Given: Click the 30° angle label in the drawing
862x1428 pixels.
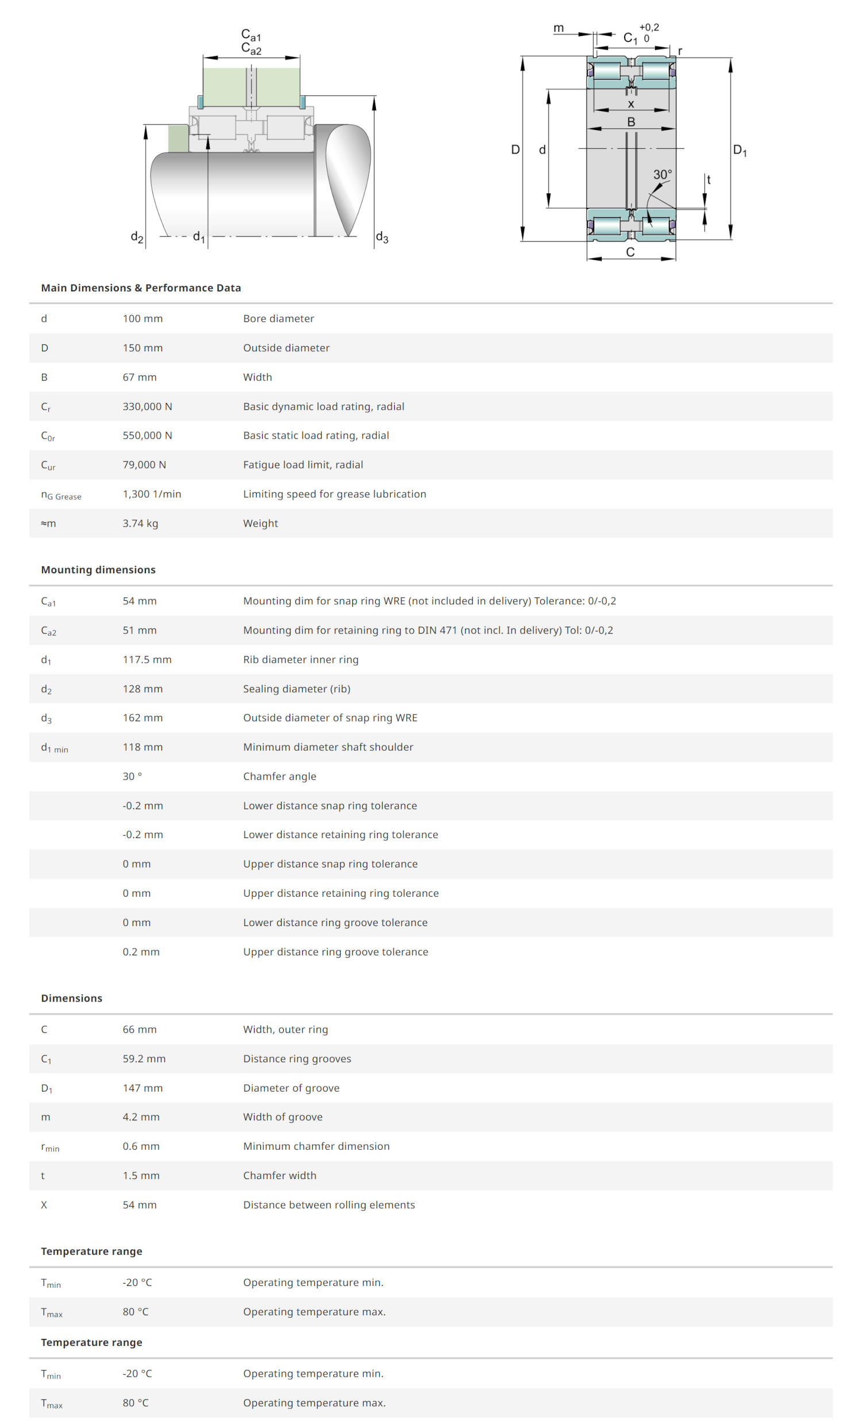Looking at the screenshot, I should coord(662,174).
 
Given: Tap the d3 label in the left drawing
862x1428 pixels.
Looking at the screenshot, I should coord(382,237).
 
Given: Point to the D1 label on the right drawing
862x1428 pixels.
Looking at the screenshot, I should coord(739,151).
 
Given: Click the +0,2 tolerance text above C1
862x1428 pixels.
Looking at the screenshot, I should coord(649,27).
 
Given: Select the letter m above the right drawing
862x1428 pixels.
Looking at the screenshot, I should coord(559,28).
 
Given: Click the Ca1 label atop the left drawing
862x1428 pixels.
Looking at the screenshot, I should coord(251,34).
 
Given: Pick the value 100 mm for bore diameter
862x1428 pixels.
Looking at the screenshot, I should coord(143,318).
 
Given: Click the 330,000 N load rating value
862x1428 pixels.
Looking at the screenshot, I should coord(147,406).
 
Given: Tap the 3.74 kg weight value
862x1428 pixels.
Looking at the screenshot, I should coord(140,523).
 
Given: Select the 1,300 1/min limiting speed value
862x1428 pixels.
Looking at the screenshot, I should coord(152,494).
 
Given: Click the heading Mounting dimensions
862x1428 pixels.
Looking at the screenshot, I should coord(98,570).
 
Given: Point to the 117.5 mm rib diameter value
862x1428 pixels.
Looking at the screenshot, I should coord(147,659).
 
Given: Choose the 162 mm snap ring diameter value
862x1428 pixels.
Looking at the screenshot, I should coord(143,717).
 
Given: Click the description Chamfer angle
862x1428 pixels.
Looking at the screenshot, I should coord(279,776).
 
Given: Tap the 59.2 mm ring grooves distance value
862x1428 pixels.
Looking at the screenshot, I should coord(144,1059).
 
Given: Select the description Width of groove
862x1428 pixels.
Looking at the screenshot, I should coord(283,1117).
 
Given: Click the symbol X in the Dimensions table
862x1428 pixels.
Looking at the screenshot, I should coord(44,1205).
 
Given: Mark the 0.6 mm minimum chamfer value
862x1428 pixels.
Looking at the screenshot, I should coord(141,1146).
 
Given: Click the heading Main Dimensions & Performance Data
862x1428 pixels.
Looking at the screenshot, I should coord(141,288).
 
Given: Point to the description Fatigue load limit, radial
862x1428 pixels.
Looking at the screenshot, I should coord(303,465).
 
